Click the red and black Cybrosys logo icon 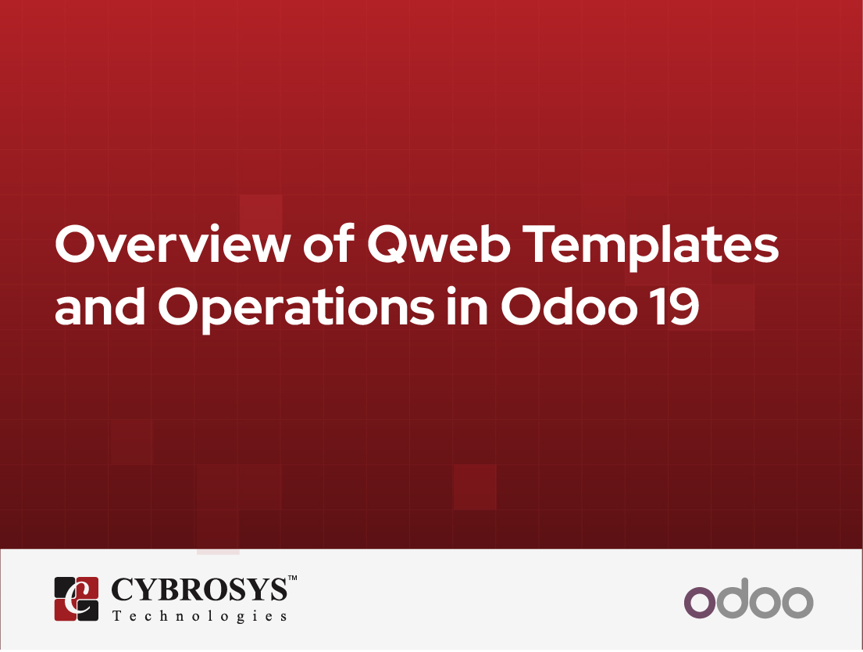76,598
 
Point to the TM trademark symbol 293,579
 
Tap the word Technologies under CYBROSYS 199,616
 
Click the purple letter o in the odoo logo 700,603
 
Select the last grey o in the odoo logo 797,603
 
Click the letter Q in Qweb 388,245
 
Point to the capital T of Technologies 117,616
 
